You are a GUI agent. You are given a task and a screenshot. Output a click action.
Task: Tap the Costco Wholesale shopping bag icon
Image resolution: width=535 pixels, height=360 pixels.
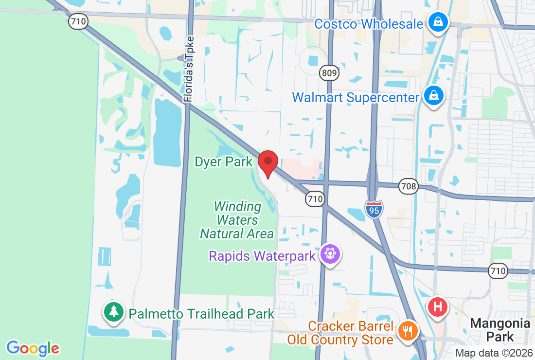tap(438, 22)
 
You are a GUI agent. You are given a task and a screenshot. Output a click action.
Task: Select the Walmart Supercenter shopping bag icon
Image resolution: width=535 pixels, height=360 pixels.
tap(433, 96)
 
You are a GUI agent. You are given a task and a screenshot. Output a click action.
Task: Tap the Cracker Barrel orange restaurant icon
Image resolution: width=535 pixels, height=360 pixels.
tap(408, 331)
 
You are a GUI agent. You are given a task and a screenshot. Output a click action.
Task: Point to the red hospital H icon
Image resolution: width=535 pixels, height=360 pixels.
tap(437, 307)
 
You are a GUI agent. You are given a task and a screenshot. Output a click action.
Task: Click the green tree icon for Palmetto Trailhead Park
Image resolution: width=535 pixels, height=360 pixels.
tap(114, 311)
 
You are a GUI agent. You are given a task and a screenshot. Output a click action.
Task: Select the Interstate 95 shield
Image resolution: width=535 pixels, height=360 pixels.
tap(374, 208)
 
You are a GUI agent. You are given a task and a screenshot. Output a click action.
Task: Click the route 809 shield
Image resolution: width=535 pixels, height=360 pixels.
tap(329, 73)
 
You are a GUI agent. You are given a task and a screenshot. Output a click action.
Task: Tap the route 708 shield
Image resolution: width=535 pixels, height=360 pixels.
tap(409, 186)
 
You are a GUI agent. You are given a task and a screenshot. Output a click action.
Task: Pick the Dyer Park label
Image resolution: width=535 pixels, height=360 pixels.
tap(224, 162)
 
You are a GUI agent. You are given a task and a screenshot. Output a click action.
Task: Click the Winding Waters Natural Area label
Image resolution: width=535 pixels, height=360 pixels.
tap(237, 220)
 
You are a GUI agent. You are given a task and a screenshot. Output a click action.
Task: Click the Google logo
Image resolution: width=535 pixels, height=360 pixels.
tap(33, 348)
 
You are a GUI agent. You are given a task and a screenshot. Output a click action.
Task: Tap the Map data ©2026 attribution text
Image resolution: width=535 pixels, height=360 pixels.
tap(494, 353)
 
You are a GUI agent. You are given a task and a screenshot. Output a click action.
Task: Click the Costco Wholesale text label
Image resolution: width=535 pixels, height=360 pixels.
tap(369, 23)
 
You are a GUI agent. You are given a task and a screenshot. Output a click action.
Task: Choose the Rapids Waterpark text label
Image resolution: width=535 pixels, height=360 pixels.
tap(263, 255)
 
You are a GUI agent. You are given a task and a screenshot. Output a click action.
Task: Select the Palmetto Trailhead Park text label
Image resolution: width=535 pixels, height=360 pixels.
tap(202, 314)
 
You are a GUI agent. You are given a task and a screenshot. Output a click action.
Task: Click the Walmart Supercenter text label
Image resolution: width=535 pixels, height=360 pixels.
tap(356, 97)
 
